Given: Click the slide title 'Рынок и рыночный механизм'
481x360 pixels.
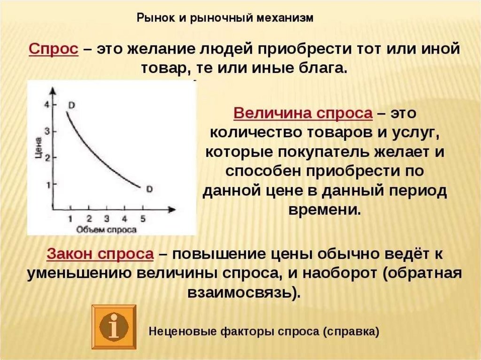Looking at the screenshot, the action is (225, 18).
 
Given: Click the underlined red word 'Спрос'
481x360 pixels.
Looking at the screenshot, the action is (54, 49).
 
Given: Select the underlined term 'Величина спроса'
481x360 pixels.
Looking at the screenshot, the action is (303, 113).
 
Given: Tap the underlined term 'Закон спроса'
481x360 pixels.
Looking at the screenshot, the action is (100, 254).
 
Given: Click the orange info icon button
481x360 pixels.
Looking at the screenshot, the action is (114, 327).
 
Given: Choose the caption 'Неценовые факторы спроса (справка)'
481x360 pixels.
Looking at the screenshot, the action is (264, 331).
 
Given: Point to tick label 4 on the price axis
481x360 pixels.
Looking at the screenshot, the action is (47, 105).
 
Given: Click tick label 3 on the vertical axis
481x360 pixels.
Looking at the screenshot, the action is (47, 131).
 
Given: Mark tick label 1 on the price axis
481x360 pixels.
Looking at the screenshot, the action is (47, 185).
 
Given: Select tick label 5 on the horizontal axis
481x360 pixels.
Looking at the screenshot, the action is (143, 219).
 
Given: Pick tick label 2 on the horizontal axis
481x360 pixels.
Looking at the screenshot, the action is (89, 219).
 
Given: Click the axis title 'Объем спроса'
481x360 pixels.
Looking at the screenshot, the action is (106, 230).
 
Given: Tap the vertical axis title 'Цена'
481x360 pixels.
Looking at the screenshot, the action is (38, 148).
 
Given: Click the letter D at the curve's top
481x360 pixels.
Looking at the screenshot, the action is (71, 106).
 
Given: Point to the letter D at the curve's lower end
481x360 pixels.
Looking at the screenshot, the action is (149, 189).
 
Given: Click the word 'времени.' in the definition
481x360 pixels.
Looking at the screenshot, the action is (325, 210).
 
